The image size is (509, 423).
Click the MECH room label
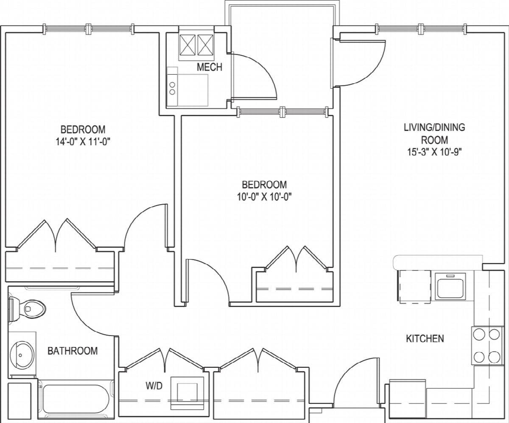210,67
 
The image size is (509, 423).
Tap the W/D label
154,386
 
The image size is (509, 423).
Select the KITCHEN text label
425,338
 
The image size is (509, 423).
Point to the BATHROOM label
73,351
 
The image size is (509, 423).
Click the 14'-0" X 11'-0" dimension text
83,142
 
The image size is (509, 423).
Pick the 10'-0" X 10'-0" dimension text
265,197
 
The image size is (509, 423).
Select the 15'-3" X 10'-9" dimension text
435,152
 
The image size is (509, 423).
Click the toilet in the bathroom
27,310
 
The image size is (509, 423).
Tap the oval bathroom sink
22,354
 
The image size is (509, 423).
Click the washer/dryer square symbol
187,393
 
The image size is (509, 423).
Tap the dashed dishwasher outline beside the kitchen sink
414,287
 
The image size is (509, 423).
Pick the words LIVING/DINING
435,127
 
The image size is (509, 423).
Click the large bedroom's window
89,29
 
